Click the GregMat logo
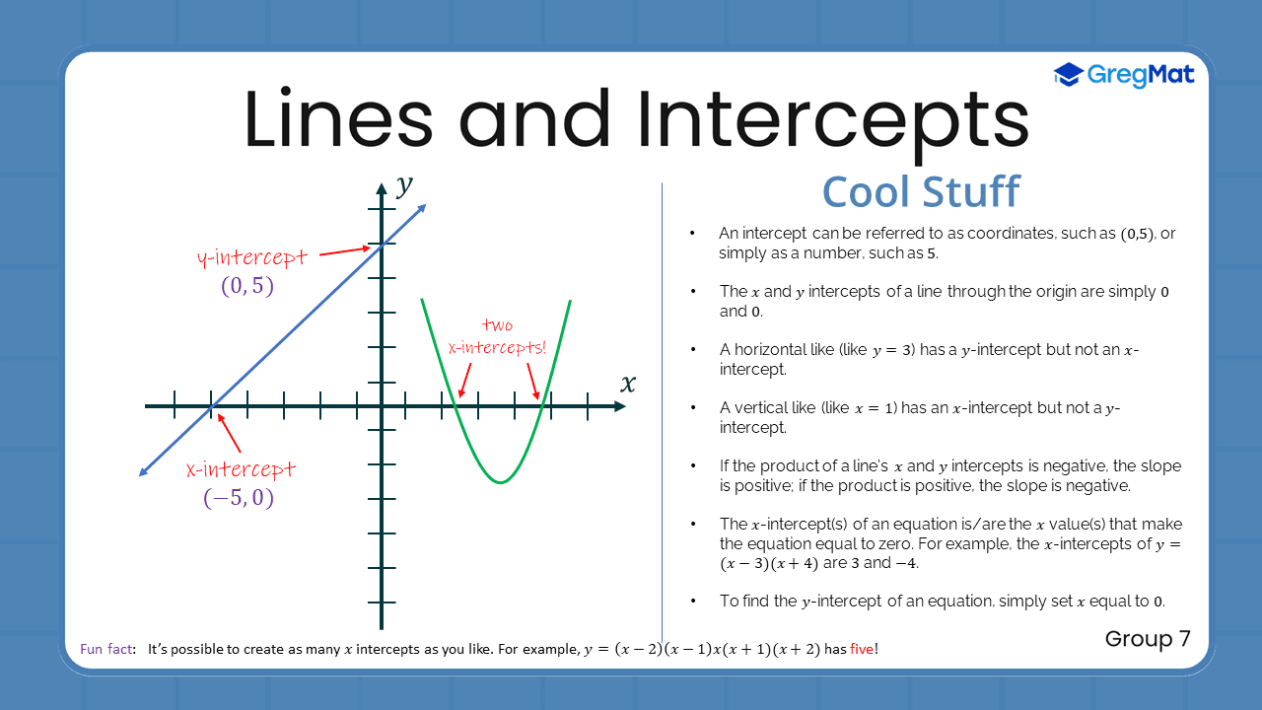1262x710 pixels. point(1124,74)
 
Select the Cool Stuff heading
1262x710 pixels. point(921,191)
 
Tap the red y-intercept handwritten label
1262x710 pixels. point(252,258)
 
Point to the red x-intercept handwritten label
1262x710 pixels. point(241,469)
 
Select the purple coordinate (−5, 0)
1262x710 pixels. point(239,499)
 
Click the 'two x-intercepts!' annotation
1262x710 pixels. point(497,336)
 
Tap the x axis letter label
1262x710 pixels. point(628,383)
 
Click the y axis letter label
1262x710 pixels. point(403,184)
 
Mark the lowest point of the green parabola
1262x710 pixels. point(501,482)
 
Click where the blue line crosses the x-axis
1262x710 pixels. point(211,406)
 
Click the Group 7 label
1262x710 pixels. point(1148,638)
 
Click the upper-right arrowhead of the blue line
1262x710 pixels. point(422,207)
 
